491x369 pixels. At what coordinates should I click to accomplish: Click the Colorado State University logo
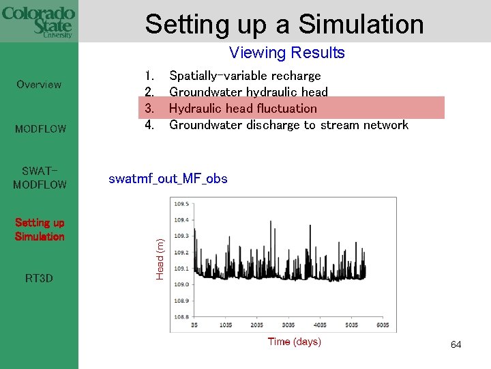(38, 22)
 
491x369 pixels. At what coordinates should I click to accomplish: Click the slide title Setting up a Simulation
(284, 24)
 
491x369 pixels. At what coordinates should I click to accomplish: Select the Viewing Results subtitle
(286, 53)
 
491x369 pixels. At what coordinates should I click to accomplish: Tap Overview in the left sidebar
(39, 85)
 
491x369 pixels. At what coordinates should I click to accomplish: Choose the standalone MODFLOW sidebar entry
(40, 128)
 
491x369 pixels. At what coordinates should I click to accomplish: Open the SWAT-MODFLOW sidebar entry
(40, 178)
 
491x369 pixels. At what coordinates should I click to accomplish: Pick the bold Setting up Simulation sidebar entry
(40, 230)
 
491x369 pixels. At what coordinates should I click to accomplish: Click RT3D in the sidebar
(39, 279)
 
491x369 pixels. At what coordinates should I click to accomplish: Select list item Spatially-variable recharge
(244, 76)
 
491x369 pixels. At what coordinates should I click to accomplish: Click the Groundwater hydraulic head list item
(248, 92)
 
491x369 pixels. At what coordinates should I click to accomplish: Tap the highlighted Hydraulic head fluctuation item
(243, 109)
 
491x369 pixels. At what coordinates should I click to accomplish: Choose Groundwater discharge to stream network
(288, 125)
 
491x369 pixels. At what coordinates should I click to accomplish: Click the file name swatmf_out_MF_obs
(168, 179)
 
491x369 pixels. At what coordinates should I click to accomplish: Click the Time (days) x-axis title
(294, 342)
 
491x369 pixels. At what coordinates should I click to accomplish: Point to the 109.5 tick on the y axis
(181, 204)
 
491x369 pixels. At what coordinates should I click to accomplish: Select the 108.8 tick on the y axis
(181, 316)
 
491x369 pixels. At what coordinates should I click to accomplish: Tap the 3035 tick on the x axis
(288, 325)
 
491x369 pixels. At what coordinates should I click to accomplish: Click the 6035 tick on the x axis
(383, 325)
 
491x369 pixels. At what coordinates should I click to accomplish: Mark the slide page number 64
(456, 345)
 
